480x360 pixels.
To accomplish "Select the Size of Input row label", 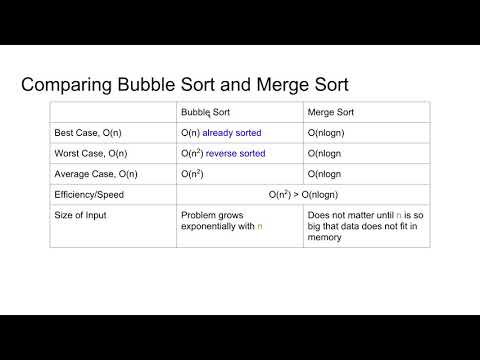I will (79, 214).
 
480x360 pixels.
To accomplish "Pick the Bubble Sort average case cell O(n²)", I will (195, 172).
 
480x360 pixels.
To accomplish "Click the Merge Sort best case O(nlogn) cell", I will (332, 132).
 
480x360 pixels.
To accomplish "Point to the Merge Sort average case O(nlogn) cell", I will (332, 172).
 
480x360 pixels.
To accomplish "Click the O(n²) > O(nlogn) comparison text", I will (303, 193).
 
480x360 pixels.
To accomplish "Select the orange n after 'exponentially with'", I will (260, 227).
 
